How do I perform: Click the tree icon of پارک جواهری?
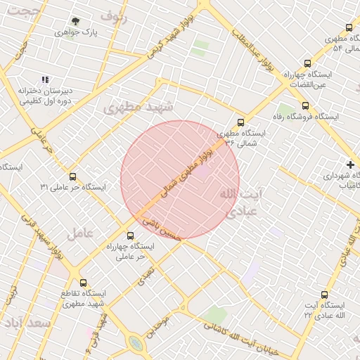[x=75, y=22]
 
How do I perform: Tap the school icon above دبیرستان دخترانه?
[x=45, y=80]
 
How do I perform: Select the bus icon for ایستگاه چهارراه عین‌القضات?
[x=305, y=63]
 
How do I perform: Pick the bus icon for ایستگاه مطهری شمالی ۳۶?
[x=241, y=122]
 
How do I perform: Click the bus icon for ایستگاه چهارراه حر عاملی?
[x=130, y=236]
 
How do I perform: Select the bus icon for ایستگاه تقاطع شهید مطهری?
[x=84, y=282]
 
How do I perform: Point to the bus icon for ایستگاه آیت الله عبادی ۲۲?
[x=324, y=295]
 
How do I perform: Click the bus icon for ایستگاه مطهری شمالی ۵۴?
[x=329, y=27]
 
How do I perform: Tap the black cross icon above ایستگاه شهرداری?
[x=351, y=164]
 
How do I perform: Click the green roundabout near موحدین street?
[x=135, y=343]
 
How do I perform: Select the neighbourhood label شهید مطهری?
[x=132, y=106]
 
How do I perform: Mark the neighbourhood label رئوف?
[x=114, y=15]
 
